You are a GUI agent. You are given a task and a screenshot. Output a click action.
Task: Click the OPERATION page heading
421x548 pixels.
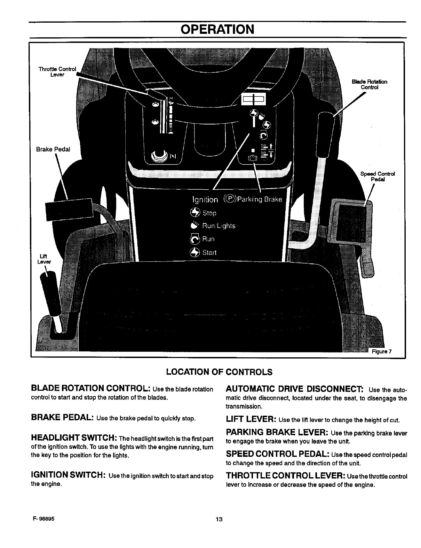click(x=218, y=29)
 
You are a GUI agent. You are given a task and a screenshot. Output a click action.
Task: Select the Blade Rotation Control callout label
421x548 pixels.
click(x=370, y=84)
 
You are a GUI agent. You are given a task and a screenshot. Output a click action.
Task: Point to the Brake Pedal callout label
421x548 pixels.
click(x=53, y=149)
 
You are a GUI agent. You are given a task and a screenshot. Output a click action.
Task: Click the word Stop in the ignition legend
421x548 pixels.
click(x=209, y=213)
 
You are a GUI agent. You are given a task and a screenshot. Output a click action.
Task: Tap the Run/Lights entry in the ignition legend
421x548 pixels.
click(x=219, y=226)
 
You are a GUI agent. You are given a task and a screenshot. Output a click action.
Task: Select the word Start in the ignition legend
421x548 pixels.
click(x=209, y=252)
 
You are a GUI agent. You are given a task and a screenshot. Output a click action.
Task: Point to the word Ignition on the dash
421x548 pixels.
click(x=205, y=200)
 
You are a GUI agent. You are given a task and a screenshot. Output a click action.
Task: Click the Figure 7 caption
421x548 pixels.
click(x=382, y=351)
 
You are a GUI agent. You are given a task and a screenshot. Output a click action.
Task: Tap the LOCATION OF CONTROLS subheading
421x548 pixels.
click(x=220, y=372)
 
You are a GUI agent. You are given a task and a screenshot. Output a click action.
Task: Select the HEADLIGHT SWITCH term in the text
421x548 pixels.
click(x=74, y=437)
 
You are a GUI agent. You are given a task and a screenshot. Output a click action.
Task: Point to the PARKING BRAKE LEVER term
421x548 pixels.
click(x=277, y=433)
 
